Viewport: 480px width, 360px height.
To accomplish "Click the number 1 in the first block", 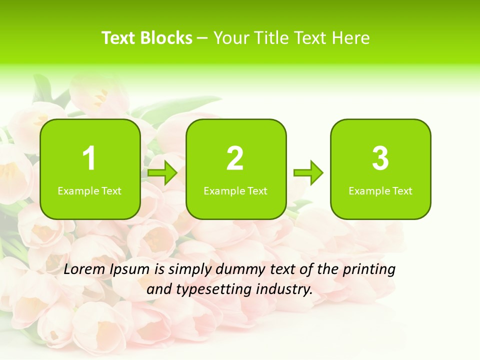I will [89, 158].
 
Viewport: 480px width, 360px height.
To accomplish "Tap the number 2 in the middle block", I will [235, 158].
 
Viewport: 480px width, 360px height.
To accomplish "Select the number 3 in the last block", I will [380, 158].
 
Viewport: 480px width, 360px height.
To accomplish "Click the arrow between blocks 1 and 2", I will [162, 173].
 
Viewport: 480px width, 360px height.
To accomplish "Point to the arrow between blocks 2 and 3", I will [308, 173].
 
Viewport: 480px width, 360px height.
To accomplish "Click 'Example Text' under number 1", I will [89, 190].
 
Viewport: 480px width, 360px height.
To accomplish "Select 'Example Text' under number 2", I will [235, 190].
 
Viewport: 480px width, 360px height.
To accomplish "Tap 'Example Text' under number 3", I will [380, 190].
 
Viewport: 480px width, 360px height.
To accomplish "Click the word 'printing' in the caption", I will [368, 270].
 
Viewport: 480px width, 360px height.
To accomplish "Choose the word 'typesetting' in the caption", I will [210, 289].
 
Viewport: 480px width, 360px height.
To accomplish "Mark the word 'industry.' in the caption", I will [284, 289].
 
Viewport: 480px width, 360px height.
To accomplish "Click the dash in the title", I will [203, 38].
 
